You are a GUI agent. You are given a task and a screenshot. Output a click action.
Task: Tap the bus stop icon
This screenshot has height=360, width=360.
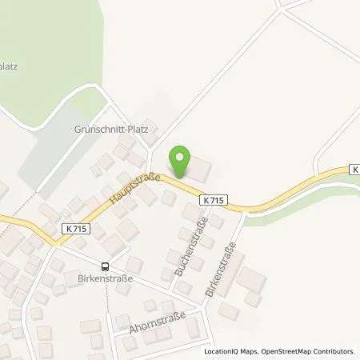pyautogui.click(x=105, y=266)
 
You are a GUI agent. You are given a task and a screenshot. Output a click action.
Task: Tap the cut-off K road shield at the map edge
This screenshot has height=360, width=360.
pyautogui.click(x=354, y=170)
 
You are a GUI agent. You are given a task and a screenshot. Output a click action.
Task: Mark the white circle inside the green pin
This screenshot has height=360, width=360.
pyautogui.click(x=182, y=157)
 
